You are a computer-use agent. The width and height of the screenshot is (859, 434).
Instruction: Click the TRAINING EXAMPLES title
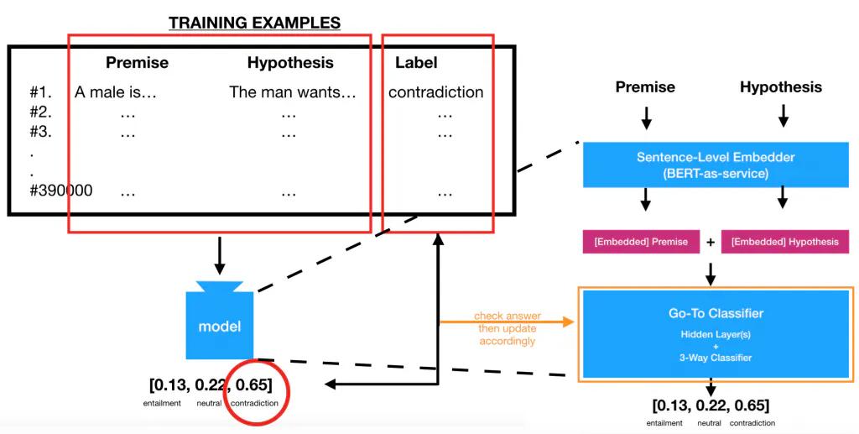255,23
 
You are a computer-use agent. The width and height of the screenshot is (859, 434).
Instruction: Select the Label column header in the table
416,63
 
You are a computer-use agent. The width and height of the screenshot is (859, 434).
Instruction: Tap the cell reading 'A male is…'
116,92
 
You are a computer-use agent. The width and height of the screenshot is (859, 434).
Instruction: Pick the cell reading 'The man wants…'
293,92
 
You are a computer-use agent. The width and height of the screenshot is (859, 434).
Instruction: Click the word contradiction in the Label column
435,92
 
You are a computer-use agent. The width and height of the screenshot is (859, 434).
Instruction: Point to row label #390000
60,191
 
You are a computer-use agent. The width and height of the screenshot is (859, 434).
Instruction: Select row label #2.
40,112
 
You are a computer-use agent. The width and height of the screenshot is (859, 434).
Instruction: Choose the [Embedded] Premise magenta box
641,242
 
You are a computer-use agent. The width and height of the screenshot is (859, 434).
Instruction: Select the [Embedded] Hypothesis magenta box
784,242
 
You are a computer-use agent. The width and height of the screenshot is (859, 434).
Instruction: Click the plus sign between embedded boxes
711,242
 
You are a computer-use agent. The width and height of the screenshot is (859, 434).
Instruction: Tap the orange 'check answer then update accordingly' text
507,328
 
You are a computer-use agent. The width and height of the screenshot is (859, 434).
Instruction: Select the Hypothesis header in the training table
290,63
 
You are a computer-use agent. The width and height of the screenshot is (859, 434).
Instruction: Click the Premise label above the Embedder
645,87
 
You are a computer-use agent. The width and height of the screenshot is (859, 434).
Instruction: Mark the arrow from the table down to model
219,255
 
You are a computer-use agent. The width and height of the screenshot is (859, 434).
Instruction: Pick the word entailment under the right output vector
664,423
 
